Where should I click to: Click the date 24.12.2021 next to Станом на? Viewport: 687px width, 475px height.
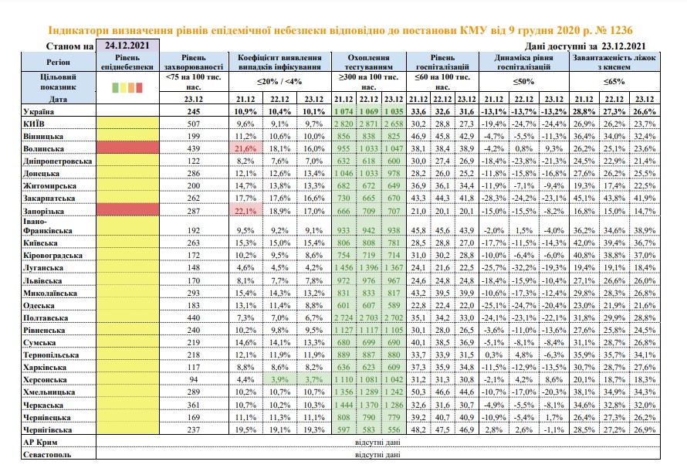[x=127, y=46]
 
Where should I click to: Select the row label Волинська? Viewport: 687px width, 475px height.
[x=43, y=148]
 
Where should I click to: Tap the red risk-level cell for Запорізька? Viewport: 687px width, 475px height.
[x=127, y=211]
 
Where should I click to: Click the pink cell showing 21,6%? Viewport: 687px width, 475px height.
[x=245, y=148]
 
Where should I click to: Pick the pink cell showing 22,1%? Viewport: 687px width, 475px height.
[x=245, y=211]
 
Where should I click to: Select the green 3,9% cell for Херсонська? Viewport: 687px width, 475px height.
[x=279, y=379]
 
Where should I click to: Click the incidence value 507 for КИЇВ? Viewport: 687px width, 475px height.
[x=194, y=124]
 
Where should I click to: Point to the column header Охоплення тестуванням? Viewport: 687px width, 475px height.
[x=368, y=63]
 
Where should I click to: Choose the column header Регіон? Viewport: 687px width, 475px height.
[x=58, y=63]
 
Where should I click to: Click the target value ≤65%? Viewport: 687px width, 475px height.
[x=614, y=82]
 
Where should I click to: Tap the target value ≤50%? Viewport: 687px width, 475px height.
[x=523, y=82]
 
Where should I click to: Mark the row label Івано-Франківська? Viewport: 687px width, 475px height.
[x=48, y=226]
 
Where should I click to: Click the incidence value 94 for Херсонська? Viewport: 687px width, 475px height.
[x=194, y=379]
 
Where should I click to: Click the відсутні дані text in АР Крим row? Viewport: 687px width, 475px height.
[x=377, y=442]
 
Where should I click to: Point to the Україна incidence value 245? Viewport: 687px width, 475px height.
[x=194, y=112]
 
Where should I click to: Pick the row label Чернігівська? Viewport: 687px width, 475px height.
[x=47, y=430]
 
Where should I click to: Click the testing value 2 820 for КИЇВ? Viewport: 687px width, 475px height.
[x=343, y=124]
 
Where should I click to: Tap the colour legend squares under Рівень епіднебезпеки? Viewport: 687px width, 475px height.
[x=127, y=87]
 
